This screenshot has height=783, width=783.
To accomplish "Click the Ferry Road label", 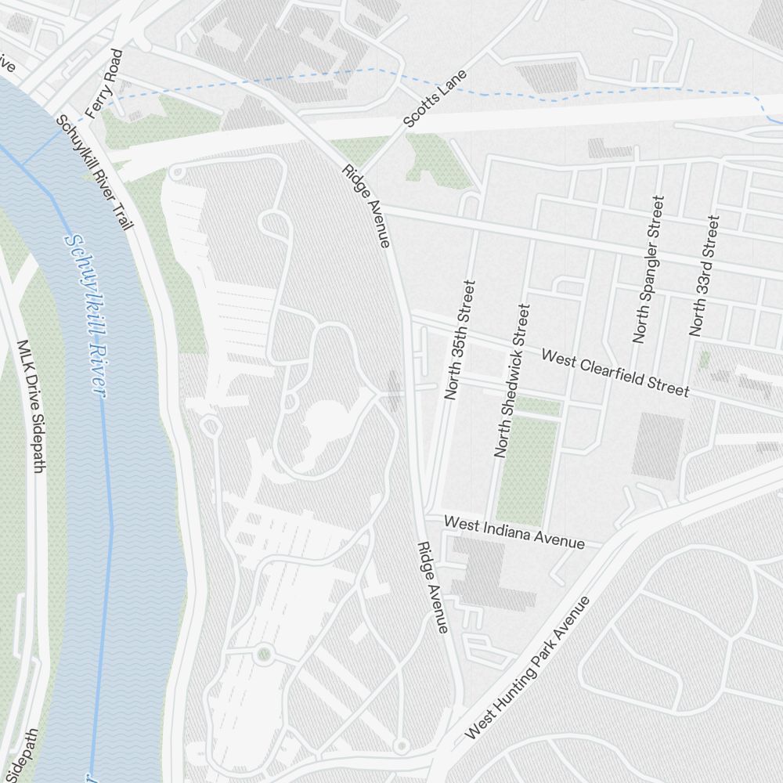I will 104,84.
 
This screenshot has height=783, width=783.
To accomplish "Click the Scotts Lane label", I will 435,99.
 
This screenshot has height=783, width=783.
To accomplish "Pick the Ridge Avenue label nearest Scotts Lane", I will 366,207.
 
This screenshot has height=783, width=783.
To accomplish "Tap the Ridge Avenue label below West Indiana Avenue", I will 432,587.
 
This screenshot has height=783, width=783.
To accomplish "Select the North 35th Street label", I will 460,340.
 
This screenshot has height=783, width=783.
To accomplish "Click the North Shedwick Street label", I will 512,381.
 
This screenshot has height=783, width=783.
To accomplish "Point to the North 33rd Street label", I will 703,276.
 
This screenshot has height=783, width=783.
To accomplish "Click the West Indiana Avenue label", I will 514,532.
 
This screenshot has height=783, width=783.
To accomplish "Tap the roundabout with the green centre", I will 264,652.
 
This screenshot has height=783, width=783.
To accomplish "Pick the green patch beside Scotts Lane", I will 435,157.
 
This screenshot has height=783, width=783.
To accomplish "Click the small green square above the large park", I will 539,406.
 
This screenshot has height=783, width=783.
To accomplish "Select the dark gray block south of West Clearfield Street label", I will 658,446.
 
